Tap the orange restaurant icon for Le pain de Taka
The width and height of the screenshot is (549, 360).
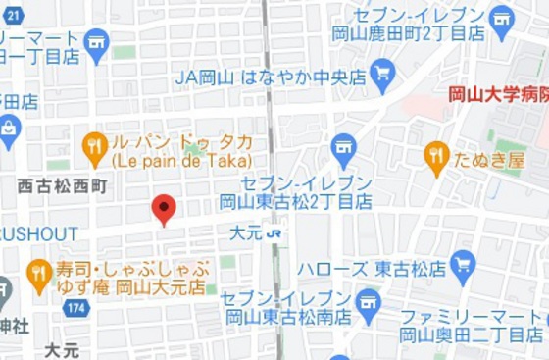tap(95, 148)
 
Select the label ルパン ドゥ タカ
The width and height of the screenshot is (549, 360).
tap(181, 141)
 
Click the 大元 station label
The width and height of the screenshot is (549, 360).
tap(245, 234)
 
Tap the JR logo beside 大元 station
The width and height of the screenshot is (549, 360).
tap(276, 234)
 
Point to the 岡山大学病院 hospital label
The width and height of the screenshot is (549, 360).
tap(497, 95)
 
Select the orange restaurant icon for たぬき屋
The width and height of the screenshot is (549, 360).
tap(436, 155)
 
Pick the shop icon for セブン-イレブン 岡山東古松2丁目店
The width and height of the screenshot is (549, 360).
tap(343, 147)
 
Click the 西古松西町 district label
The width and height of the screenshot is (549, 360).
tap(63, 185)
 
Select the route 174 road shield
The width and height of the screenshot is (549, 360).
tap(75, 308)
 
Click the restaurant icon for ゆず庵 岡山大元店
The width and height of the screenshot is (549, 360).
tap(39, 275)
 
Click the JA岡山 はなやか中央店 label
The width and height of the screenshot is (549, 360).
tap(272, 76)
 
